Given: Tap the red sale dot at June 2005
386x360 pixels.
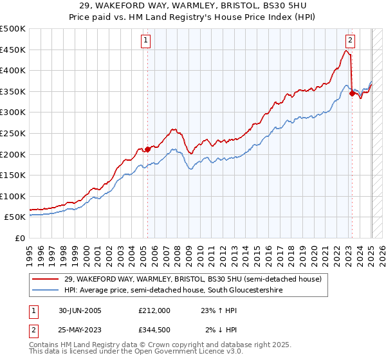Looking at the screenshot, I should coord(147,149).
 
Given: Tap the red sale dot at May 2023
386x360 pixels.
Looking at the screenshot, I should coord(352,93).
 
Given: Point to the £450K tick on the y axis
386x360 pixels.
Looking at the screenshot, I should coord(14,50).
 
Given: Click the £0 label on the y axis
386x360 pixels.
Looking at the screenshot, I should coord(19,238).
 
